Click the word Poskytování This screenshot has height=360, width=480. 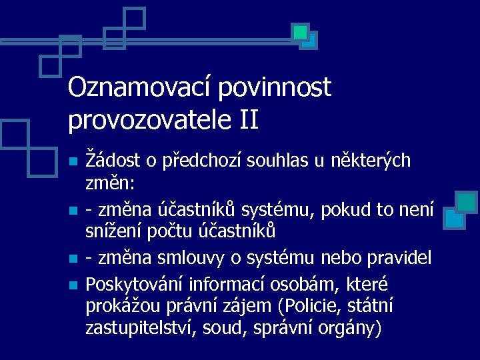tap(135, 284)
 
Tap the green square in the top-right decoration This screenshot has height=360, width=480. tap(301, 31)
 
